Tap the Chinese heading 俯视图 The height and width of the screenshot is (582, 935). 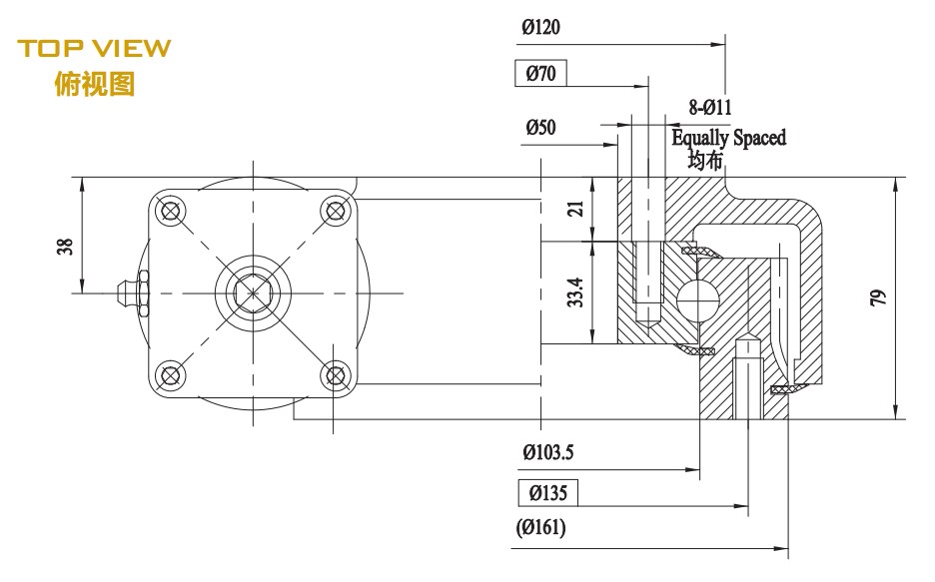click(95, 84)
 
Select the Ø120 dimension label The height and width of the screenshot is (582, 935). click(540, 28)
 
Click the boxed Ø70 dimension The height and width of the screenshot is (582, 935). click(541, 73)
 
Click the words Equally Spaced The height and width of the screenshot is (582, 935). click(728, 137)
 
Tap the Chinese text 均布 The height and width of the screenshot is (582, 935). click(704, 159)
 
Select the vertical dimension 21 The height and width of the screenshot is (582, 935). click(574, 209)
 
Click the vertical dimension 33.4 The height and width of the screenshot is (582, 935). click(574, 292)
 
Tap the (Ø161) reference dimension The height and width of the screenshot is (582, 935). click(541, 529)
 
